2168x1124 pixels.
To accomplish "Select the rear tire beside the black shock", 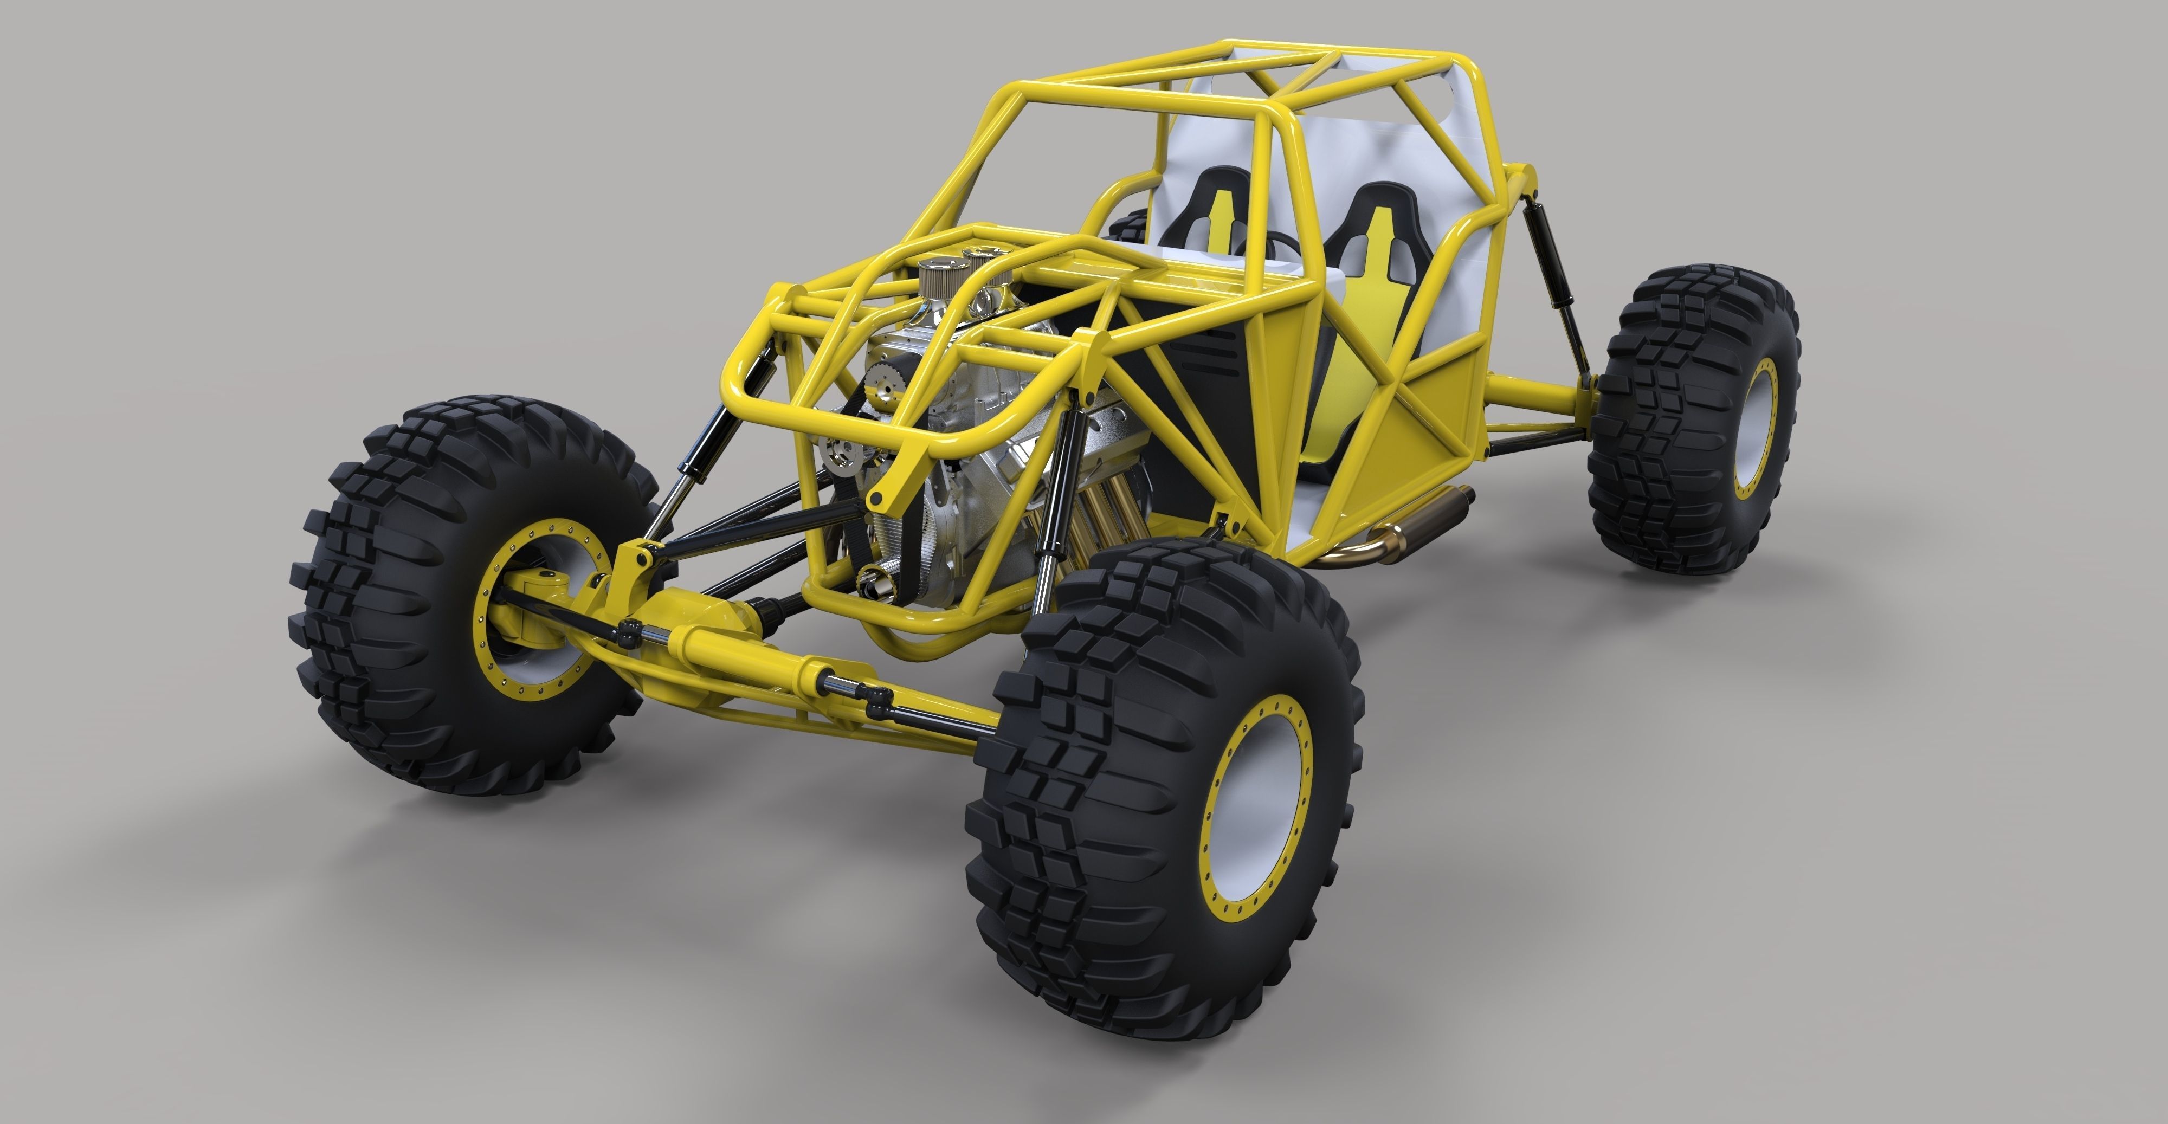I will (1692, 421).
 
